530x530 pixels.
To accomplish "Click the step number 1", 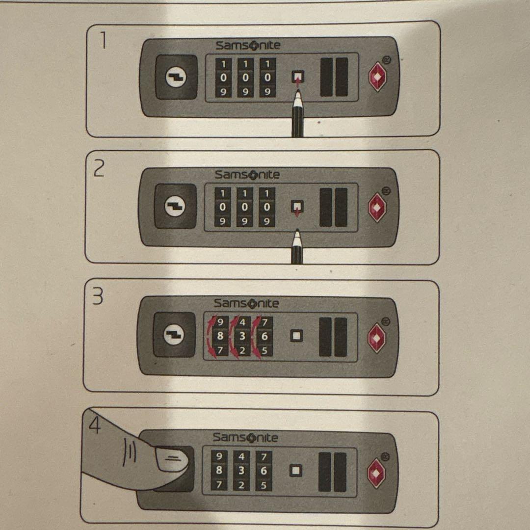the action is [x=102, y=41].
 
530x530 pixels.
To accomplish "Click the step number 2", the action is [x=99, y=169].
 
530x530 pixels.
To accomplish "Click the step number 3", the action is [x=98, y=296].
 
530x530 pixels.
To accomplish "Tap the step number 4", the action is [x=95, y=424].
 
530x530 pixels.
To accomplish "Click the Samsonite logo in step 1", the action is [x=248, y=45].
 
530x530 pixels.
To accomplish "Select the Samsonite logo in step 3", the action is [x=246, y=304].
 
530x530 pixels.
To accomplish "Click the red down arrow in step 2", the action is [x=297, y=212].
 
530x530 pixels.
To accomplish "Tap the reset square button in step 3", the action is [x=296, y=336].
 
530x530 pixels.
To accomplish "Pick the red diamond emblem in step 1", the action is [x=377, y=77].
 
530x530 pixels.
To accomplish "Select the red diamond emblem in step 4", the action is [x=376, y=473].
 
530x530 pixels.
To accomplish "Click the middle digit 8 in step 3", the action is [x=220, y=336].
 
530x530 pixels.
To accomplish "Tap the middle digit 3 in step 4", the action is [x=241, y=471].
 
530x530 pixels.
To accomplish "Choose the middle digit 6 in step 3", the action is [x=265, y=336].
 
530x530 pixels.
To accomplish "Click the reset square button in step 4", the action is [x=296, y=471].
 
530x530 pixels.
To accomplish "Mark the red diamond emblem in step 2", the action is [x=377, y=207].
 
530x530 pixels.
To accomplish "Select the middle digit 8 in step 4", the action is [x=219, y=470].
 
